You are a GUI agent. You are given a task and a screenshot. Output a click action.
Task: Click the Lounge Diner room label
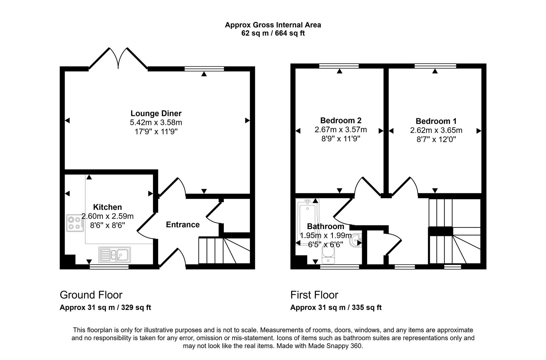click(156, 113)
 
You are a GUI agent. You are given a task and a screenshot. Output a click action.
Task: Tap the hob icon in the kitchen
click(75, 223)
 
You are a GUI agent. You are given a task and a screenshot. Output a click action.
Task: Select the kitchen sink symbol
click(114, 255)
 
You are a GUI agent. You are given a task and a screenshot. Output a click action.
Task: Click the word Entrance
click(183, 225)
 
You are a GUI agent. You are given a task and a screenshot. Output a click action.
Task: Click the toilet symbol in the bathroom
click(328, 255)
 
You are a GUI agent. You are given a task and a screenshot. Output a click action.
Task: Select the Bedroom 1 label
click(436, 121)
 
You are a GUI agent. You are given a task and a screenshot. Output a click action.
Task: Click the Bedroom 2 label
click(340, 120)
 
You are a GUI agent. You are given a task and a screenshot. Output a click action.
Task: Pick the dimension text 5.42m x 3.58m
click(156, 123)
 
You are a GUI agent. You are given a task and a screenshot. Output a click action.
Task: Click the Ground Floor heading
click(91, 295)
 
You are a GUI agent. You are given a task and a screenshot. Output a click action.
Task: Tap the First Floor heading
click(314, 295)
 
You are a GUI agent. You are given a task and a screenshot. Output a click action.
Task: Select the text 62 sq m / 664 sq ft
click(273, 33)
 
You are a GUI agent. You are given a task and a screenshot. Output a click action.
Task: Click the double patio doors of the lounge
click(118, 58)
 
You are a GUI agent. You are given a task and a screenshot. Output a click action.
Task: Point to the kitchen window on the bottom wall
click(109, 267)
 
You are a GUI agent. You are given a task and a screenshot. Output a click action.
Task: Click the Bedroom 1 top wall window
click(435, 66)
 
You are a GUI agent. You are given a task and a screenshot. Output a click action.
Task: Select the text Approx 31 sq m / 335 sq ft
click(336, 308)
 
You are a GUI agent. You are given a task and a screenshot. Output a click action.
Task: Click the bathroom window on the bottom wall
click(340, 267)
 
